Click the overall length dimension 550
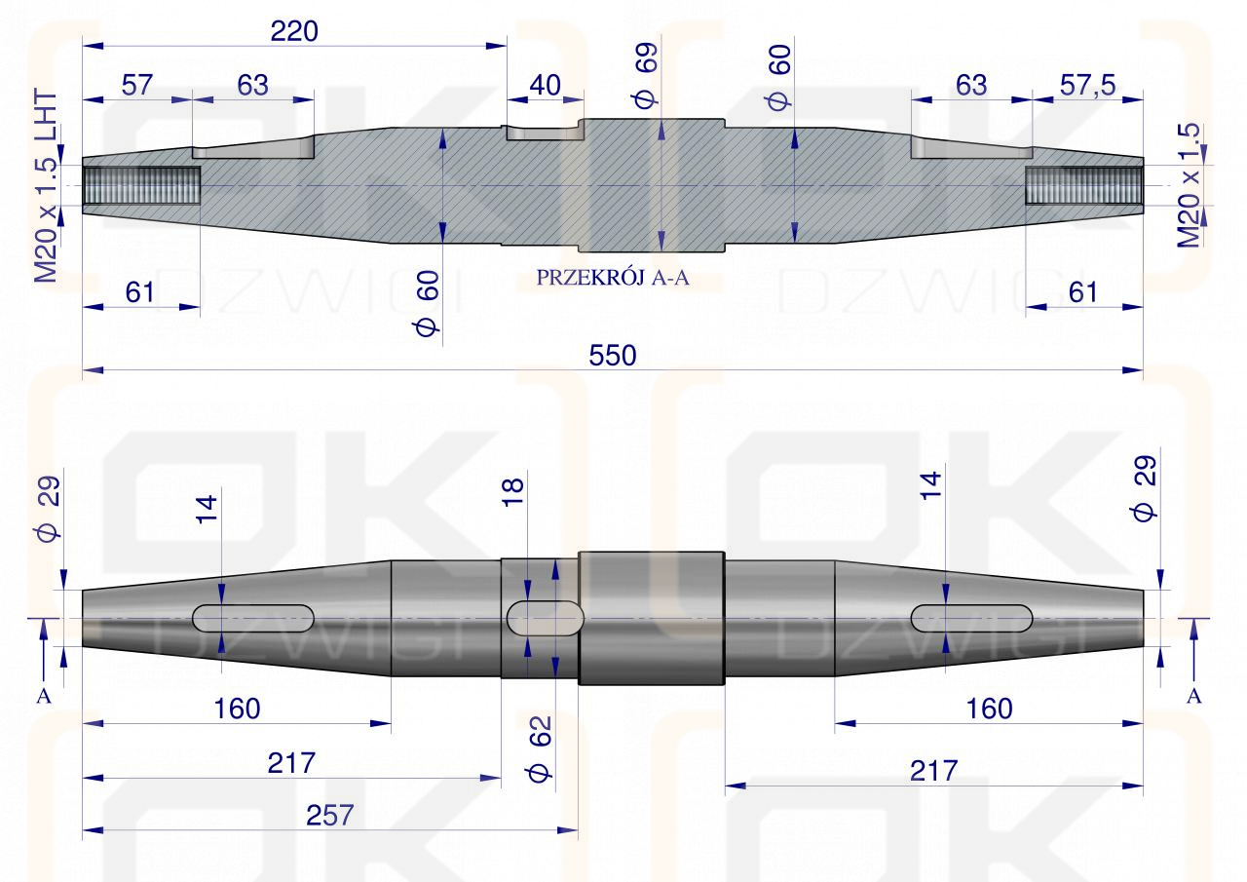tap(612, 357)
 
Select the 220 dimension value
tap(294, 31)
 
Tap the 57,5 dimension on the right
tap(1087, 85)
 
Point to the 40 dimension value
tap(544, 85)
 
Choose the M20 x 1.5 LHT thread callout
tap(46, 188)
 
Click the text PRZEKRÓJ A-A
tap(612, 278)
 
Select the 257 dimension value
tap(329, 815)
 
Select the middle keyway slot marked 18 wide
tap(545, 618)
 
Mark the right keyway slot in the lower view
tap(971, 618)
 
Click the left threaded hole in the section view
tap(142, 184)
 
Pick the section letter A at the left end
tap(42, 696)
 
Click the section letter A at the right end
tap(1194, 696)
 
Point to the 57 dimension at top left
tap(136, 85)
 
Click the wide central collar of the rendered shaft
tap(652, 618)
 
